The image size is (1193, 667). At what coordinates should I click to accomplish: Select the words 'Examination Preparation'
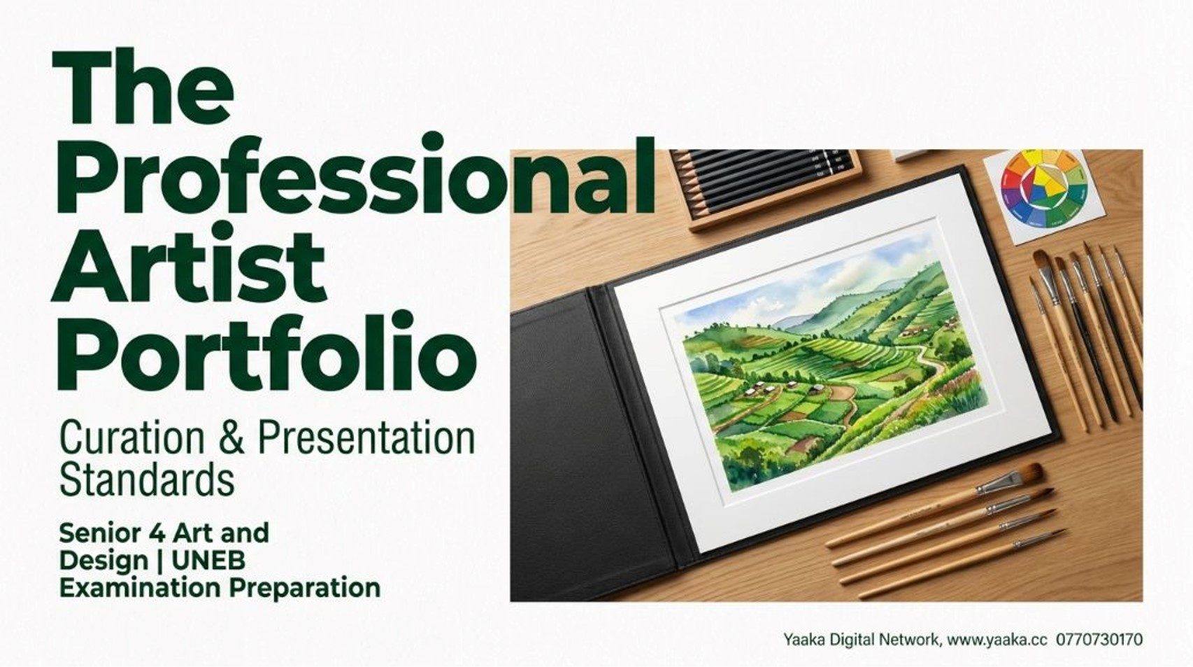coord(220,588)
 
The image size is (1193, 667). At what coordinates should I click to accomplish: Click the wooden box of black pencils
coord(764,188)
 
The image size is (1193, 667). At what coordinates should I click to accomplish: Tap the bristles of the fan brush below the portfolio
coord(1028,473)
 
